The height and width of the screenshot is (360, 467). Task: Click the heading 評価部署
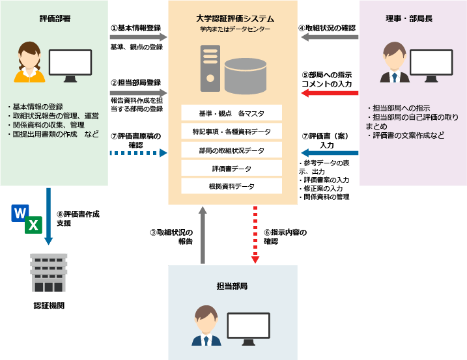pyautogui.click(x=55, y=19)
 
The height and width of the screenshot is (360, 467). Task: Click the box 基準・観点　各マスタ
pyautogui.click(x=231, y=113)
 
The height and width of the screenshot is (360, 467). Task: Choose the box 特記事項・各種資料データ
pyautogui.click(x=231, y=132)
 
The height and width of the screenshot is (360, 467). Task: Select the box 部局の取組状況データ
pyautogui.click(x=231, y=150)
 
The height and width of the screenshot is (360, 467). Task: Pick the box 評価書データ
pyautogui.click(x=231, y=169)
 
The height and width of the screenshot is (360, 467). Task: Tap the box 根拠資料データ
pyautogui.click(x=231, y=186)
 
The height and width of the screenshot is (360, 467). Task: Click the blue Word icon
pyautogui.click(x=20, y=213)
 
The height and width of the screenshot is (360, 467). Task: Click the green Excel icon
pyautogui.click(x=34, y=225)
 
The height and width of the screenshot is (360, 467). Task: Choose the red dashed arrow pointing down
pyautogui.click(x=255, y=234)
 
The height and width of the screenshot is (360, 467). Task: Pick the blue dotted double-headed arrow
pyautogui.click(x=138, y=154)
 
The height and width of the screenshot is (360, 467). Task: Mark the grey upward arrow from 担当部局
pyautogui.click(x=203, y=234)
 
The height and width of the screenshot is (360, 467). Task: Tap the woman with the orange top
pyautogui.click(x=30, y=63)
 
